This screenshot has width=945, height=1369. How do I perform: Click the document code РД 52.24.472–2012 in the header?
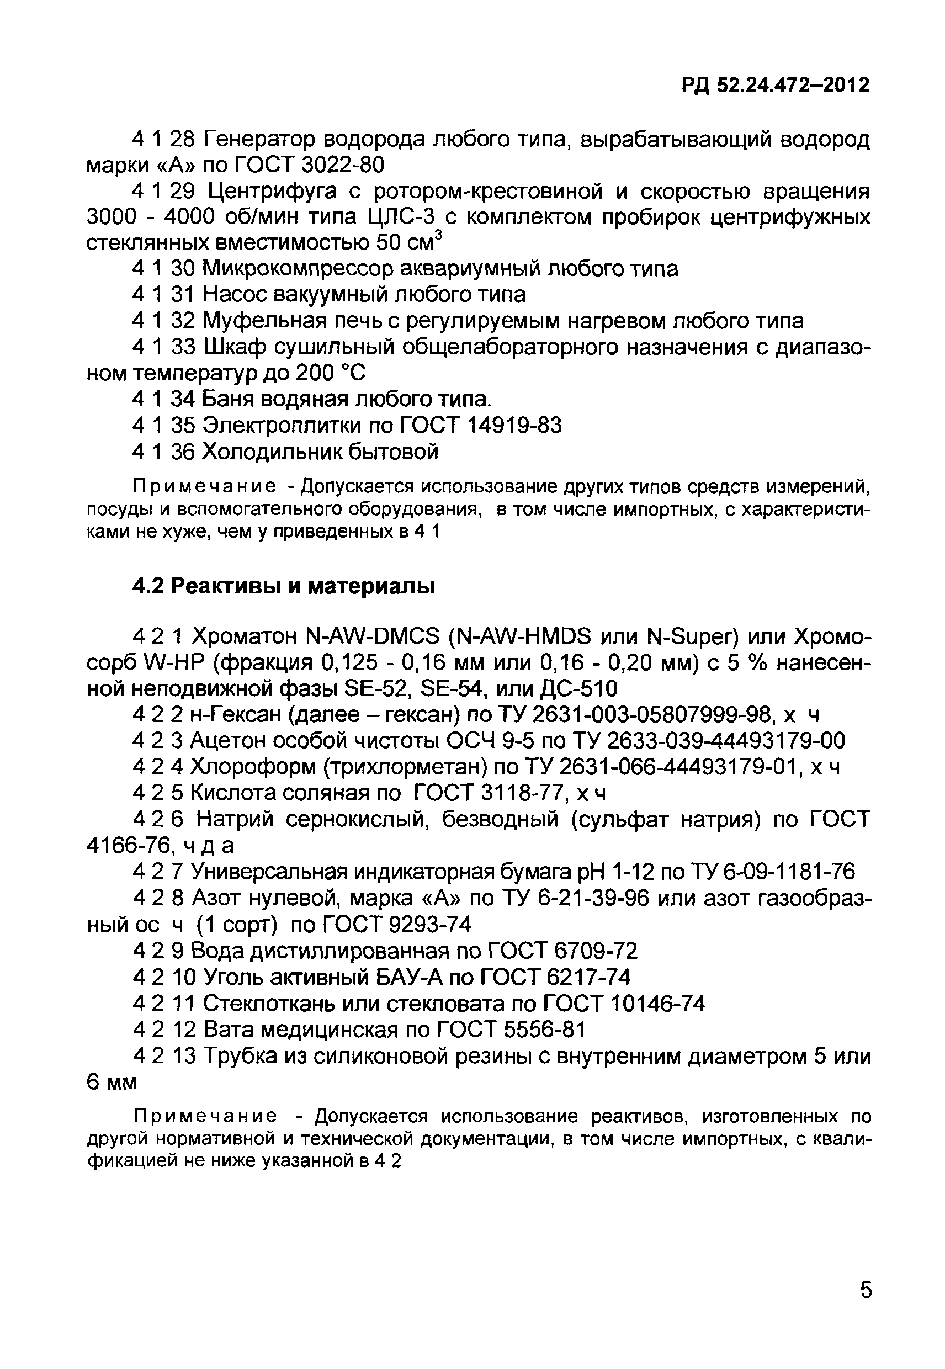click(776, 86)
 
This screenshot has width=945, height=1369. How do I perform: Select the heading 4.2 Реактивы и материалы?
click(284, 586)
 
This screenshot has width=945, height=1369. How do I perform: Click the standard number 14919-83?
click(514, 425)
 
